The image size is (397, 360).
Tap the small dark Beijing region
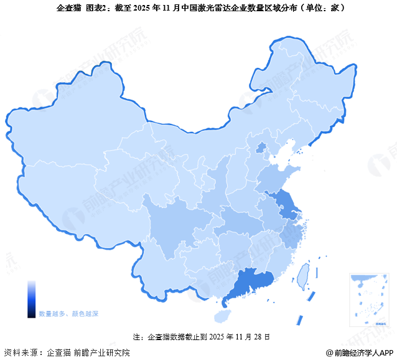pos(261,148)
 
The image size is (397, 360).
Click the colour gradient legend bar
pos(31,299)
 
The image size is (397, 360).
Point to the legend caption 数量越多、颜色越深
pos(68,313)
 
